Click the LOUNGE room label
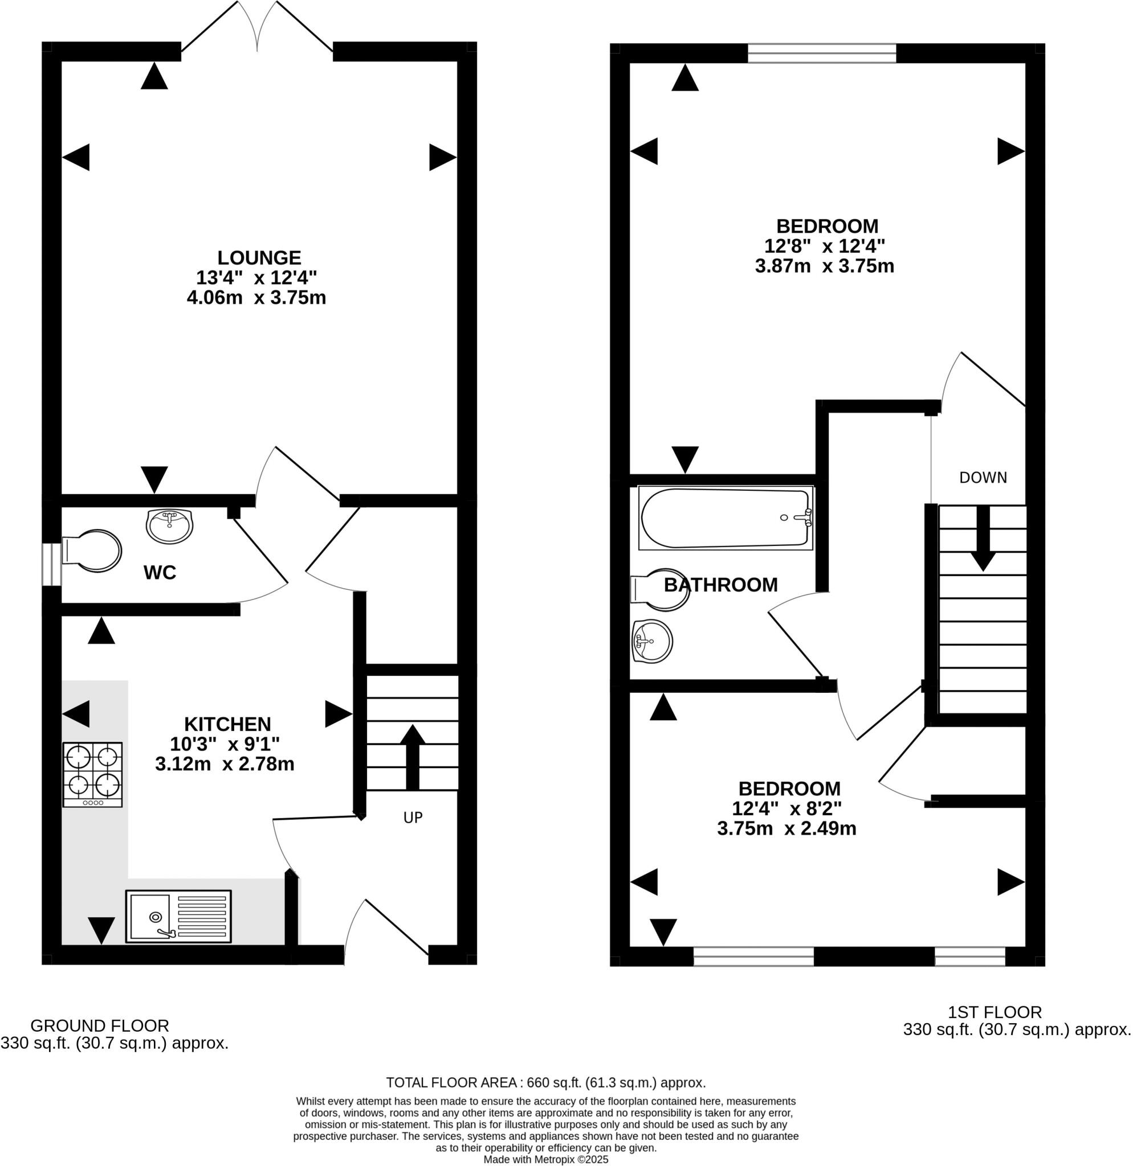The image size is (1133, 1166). point(259,257)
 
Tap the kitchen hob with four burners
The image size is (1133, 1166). point(92,774)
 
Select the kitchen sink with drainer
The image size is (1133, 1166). point(178,916)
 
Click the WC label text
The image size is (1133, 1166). point(160,572)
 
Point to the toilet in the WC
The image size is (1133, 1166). point(92,551)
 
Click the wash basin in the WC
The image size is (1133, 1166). point(170,525)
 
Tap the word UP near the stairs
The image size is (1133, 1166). point(413,818)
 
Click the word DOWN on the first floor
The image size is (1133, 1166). point(983,477)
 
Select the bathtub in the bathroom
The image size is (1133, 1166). point(725,518)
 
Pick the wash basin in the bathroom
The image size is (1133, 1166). point(653,641)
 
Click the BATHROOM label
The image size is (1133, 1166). point(720,585)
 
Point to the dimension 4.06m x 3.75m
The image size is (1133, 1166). point(256,297)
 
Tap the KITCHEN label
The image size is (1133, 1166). point(227,724)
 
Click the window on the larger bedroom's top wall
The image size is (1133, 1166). point(822,53)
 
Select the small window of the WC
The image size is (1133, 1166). point(52,564)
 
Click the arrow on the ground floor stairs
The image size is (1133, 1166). point(412,756)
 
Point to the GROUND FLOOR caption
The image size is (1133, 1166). point(99,1025)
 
